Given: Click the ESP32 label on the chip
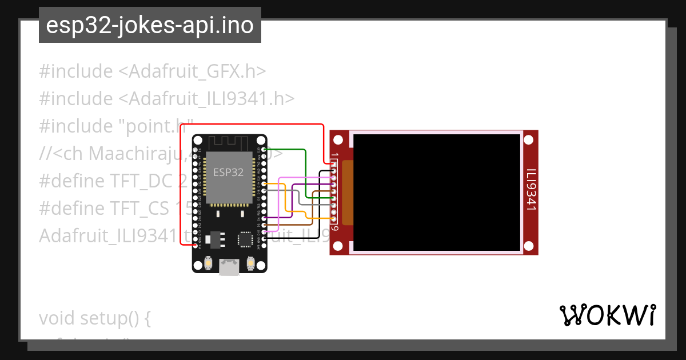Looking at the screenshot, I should tap(229, 172).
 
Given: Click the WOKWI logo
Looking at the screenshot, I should tap(607, 315).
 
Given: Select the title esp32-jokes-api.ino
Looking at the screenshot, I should tap(150, 26).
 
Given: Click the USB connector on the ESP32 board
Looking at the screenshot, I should tap(229, 266).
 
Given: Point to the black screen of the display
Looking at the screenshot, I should tap(437, 193).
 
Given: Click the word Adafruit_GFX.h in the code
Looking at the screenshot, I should tap(192, 71).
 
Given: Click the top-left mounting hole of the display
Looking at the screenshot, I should tap(338, 139).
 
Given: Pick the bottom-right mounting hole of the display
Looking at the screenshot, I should tap(529, 246).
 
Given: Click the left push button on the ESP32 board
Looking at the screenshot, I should tap(208, 263).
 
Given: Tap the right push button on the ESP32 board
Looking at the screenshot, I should tap(250, 263).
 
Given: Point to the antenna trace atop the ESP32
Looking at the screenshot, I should tap(229, 141).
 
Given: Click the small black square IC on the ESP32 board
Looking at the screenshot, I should tap(245, 238).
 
